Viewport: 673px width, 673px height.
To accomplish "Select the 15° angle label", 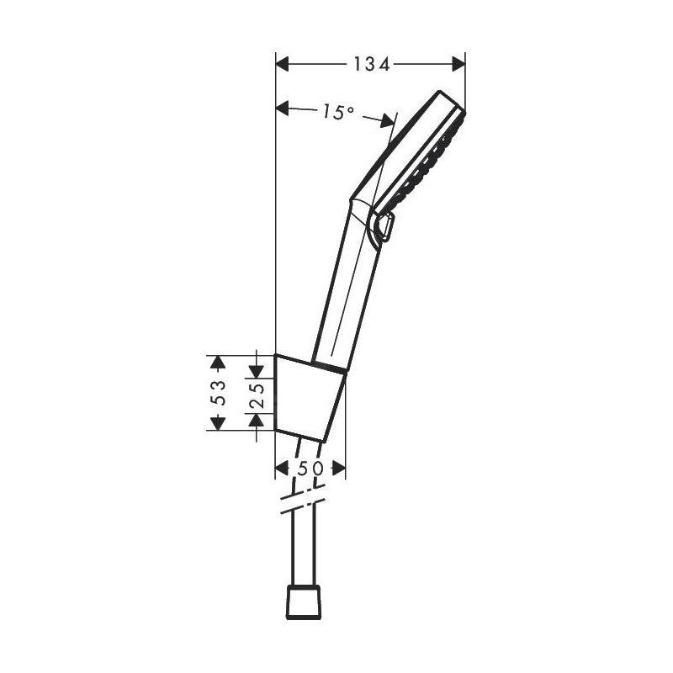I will pos(336,111).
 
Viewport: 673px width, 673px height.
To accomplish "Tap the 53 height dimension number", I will pos(219,392).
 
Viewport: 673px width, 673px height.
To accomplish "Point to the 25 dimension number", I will pos(257,393).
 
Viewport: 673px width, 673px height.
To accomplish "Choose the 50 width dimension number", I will pos(309,468).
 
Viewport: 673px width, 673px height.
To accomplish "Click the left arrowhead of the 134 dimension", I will pos(284,64).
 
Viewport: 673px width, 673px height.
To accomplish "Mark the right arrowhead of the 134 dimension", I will pos(458,64).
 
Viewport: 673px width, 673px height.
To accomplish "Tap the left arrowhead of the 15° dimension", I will pos(284,108).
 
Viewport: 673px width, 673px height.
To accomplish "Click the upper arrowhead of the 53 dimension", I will pos(219,362).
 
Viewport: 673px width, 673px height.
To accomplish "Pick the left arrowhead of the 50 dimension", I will pos(282,468).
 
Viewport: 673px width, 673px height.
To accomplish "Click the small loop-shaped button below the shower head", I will pos(387,227).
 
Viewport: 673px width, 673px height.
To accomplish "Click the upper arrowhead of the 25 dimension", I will pos(257,362).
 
